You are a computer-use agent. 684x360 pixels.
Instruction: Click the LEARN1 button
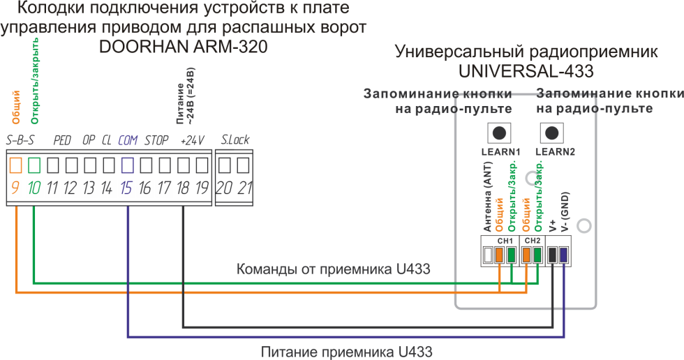pyautogui.click(x=499, y=133)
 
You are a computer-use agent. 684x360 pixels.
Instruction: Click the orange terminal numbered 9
pyautogui.click(x=16, y=165)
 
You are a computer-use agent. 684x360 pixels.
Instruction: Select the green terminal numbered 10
pyautogui.click(x=34, y=165)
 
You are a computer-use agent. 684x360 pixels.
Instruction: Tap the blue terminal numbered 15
pyautogui.click(x=128, y=165)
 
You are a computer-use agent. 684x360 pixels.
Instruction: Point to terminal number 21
pyautogui.click(x=242, y=165)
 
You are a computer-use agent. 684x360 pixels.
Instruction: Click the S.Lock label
pyautogui.click(x=235, y=140)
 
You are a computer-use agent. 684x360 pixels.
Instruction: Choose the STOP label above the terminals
pyautogui.click(x=156, y=140)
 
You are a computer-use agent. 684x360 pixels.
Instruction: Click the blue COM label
pyautogui.click(x=128, y=140)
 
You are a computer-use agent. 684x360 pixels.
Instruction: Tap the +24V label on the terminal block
pyautogui.click(x=192, y=140)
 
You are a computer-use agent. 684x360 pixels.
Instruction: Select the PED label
pyautogui.click(x=63, y=140)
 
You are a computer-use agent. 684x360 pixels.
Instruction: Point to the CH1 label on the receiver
pyautogui.click(x=505, y=241)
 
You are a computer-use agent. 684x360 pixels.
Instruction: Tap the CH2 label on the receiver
pyautogui.click(x=532, y=241)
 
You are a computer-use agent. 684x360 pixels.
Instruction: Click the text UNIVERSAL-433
pyautogui.click(x=526, y=71)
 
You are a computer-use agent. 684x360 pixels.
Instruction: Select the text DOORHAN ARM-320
pyautogui.click(x=184, y=47)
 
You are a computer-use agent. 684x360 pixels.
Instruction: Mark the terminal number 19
pyautogui.click(x=201, y=188)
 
